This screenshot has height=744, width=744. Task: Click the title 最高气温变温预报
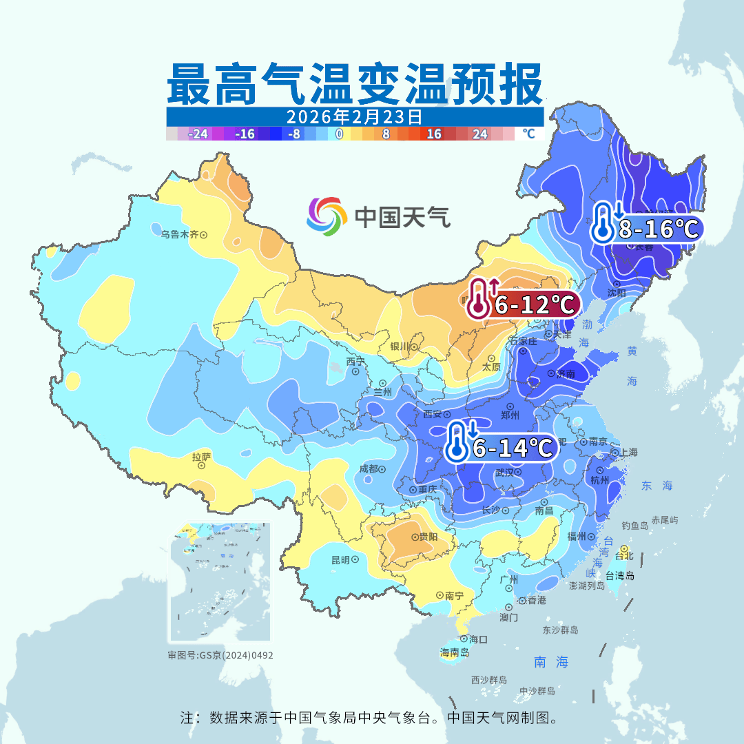coord(355,84)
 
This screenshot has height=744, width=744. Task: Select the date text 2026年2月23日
coord(354,116)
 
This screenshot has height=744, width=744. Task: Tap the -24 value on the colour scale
coord(198,134)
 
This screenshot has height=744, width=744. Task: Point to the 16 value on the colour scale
coord(433,134)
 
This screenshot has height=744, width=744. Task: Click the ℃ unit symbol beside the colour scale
coord(528,134)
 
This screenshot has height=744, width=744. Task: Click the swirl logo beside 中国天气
coord(326,217)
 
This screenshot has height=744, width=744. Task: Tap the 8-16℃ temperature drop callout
coord(645,228)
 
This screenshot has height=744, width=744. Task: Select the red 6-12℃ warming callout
coord(523,303)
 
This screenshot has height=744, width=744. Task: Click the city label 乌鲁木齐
coord(180,234)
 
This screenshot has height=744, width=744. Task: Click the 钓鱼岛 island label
coord(634,526)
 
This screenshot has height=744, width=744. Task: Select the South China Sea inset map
coord(220,582)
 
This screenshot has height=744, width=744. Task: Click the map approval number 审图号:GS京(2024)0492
coord(220,655)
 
